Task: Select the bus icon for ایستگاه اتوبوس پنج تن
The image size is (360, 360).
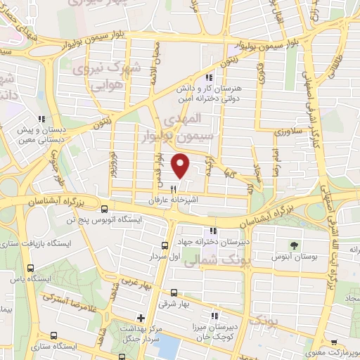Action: (104, 209)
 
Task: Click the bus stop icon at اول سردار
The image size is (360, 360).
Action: (165, 245)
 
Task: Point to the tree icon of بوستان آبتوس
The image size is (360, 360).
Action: (295, 245)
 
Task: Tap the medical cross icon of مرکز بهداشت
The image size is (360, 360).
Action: (141, 319)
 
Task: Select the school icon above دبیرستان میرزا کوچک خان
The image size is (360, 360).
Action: (213, 316)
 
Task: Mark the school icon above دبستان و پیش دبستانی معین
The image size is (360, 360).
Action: (41, 119)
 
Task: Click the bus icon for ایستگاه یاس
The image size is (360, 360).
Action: (30, 268)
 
